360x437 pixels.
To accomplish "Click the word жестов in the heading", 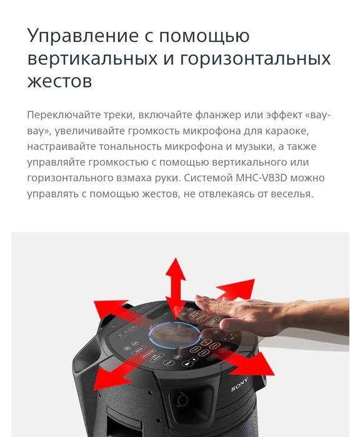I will click(x=60, y=81).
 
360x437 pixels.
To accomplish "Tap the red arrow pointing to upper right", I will click(x=234, y=289).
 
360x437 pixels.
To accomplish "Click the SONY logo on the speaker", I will click(x=239, y=383).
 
